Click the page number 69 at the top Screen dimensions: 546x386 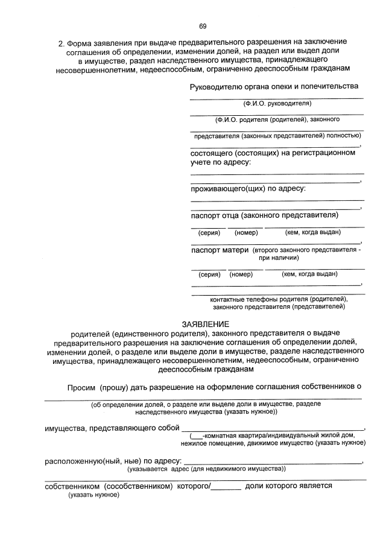click(203, 25)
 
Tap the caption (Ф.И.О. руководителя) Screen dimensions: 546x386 click(277, 104)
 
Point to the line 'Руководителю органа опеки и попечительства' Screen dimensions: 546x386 click(278, 86)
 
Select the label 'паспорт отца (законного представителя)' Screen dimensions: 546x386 click(264, 215)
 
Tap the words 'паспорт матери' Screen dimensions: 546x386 click(220, 250)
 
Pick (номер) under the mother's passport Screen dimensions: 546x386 click(241, 274)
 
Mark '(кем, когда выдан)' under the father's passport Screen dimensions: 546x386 click(313, 232)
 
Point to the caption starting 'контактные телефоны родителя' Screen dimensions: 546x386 click(279, 299)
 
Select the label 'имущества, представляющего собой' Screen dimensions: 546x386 click(113, 428)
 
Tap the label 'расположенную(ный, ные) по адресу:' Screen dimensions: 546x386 click(113, 461)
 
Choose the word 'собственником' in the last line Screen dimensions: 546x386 click(71, 485)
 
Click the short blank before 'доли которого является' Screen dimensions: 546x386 click(227, 486)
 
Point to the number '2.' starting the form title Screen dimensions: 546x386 click(61, 43)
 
